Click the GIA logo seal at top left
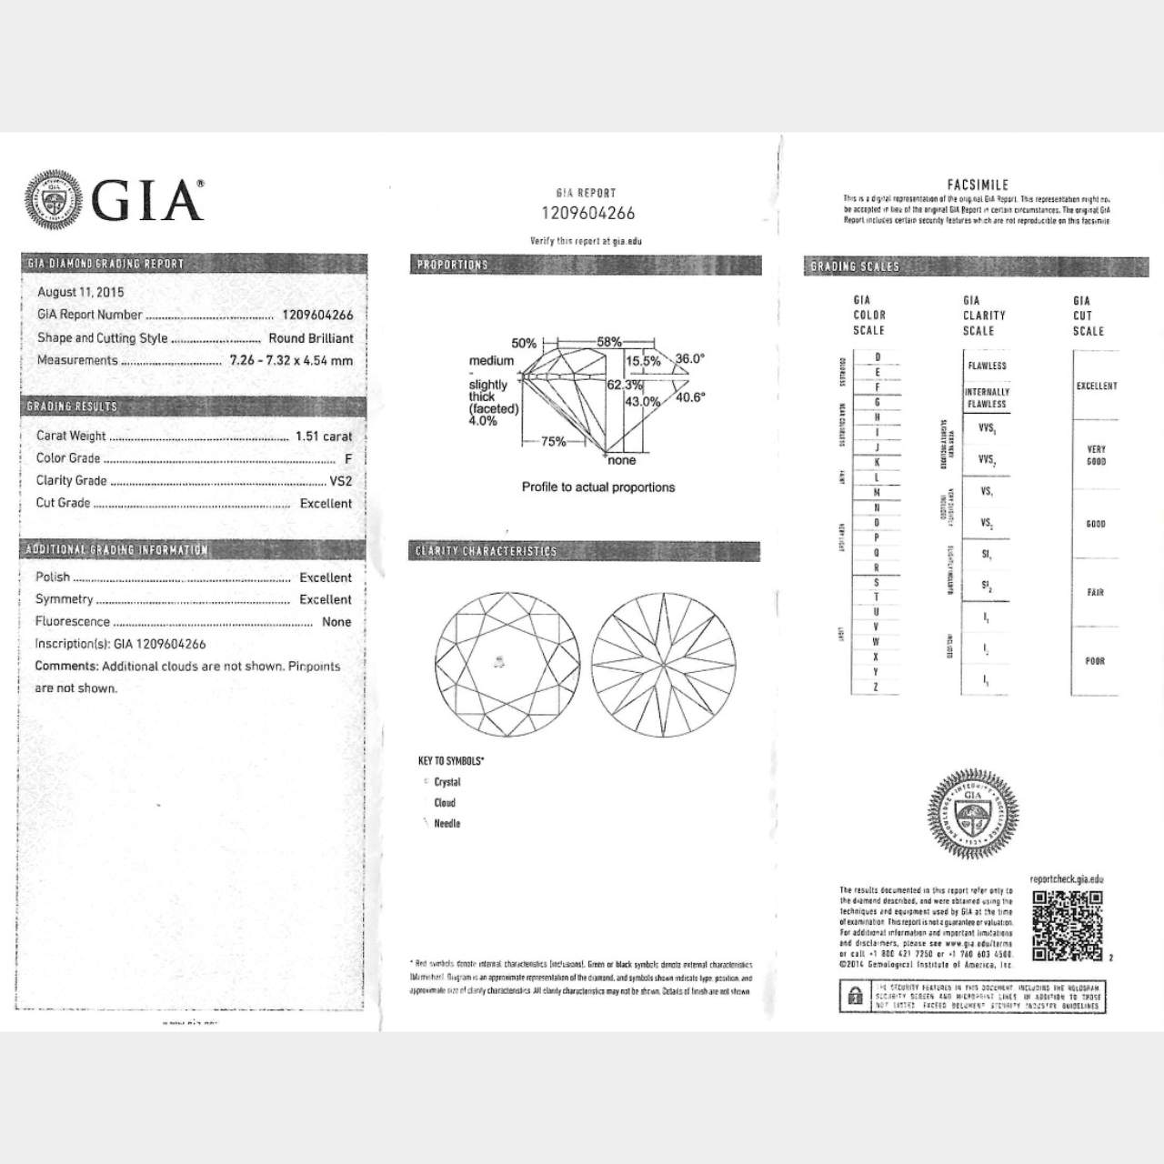coord(55,199)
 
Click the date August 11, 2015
coord(80,292)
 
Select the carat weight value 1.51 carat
coord(323,436)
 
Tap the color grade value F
coord(347,459)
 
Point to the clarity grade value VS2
coord(340,481)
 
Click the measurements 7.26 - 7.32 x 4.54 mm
coord(291,360)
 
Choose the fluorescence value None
coord(336,622)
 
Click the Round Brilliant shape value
coord(311,338)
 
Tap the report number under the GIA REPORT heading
coord(587,214)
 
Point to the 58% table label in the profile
coord(609,343)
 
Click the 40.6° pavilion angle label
coord(690,397)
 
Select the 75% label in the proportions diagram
coord(553,442)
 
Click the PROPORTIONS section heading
coord(453,266)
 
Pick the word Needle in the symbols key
coord(447,824)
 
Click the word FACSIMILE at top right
coord(978,185)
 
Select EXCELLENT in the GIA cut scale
coord(1097,386)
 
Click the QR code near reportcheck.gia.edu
coord(1067,924)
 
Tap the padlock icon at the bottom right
coord(855,998)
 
